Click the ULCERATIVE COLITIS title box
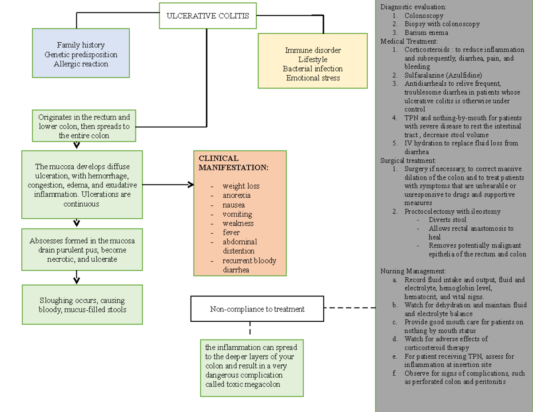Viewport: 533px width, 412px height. click(x=208, y=16)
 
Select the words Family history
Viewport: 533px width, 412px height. click(x=81, y=45)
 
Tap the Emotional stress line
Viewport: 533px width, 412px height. click(x=313, y=78)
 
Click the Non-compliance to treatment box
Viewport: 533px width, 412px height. click(x=257, y=309)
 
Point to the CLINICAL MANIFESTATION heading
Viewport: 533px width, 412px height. click(x=233, y=163)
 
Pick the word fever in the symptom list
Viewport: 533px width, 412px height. click(x=231, y=232)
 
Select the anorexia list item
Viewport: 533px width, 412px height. click(x=236, y=195)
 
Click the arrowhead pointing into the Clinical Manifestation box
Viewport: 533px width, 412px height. click(x=191, y=184)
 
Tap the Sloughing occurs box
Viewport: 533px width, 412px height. click(x=82, y=304)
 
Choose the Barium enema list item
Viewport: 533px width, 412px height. click(x=426, y=32)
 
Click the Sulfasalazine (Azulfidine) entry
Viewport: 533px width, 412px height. click(x=443, y=75)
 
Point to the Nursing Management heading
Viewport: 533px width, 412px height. click(x=413, y=271)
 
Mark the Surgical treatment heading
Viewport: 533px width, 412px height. click(x=408, y=160)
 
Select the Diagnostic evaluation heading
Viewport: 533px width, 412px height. click(x=413, y=7)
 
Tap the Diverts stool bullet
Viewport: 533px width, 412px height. click(x=447, y=220)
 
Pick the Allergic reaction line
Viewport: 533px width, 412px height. click(x=81, y=64)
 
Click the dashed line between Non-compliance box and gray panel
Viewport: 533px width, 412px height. click(x=350, y=308)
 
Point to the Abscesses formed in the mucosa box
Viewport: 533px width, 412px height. click(x=82, y=250)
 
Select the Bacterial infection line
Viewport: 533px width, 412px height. click(x=313, y=69)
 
